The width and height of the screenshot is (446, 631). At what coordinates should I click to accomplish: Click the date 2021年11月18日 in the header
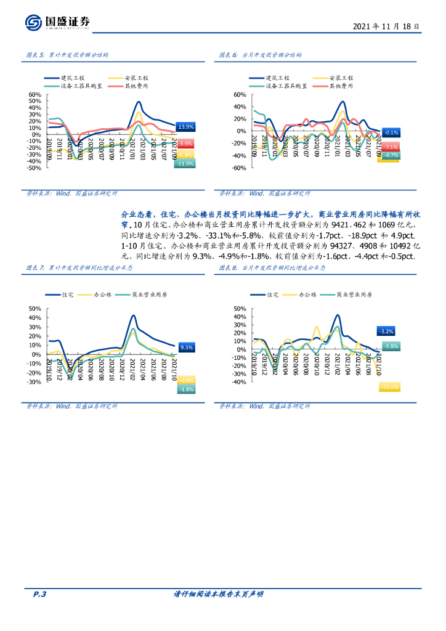click(387, 26)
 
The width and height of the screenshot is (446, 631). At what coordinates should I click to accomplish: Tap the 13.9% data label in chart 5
click(185, 127)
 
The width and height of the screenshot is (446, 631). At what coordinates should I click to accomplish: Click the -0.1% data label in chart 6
click(391, 132)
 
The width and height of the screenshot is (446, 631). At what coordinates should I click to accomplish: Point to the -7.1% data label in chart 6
click(391, 147)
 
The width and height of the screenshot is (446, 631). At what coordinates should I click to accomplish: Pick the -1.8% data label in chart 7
click(187, 389)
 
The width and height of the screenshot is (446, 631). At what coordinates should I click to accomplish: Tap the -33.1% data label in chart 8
click(389, 387)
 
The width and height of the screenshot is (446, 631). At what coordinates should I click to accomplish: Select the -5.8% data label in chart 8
click(391, 347)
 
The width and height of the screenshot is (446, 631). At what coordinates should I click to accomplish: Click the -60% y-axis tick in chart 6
click(239, 168)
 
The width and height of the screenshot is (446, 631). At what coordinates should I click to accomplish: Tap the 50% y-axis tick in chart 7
click(34, 309)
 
